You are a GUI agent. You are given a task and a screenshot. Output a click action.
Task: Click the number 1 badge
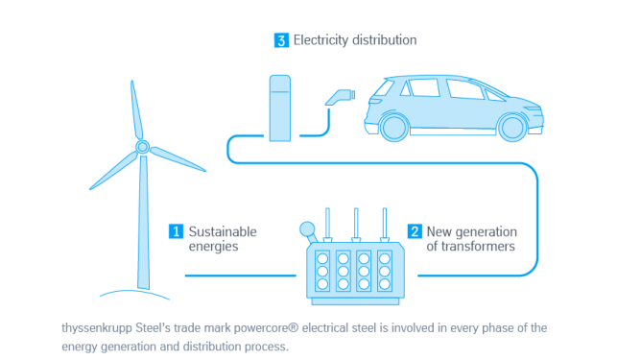coord(176,231)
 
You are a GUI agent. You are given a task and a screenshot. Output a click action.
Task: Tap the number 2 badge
coord(415,231)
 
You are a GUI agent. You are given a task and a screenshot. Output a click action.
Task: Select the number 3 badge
coord(281,40)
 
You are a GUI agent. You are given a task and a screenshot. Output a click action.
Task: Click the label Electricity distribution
coord(355,40)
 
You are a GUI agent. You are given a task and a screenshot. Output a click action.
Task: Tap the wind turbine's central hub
coord(142,147)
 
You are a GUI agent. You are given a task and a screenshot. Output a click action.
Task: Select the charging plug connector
coord(340,95)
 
